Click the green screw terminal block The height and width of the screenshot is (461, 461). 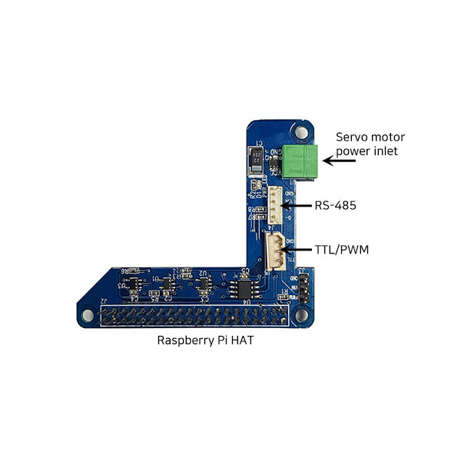[300, 161]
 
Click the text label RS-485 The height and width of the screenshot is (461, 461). [336, 206]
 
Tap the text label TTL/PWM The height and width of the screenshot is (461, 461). [340, 250]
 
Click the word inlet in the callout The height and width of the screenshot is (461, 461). [383, 151]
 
